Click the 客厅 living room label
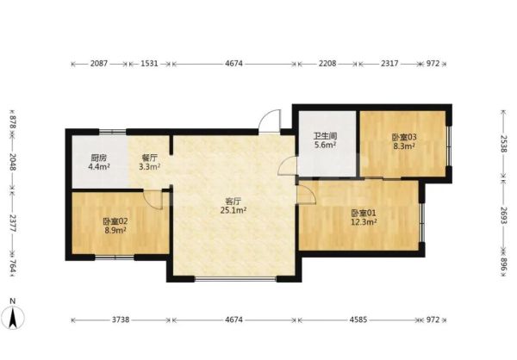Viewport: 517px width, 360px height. (x=234, y=201)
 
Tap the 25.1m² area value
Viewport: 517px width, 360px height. (x=234, y=210)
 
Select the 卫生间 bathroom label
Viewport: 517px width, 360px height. (x=325, y=136)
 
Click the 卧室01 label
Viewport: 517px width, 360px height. (x=363, y=213)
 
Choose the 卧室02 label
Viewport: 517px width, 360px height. (x=115, y=221)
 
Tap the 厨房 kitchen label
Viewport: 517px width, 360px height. (x=98, y=158)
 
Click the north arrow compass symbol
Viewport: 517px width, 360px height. (x=13, y=316)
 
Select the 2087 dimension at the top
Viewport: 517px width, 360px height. (x=99, y=63)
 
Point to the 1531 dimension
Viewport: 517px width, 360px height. (x=149, y=63)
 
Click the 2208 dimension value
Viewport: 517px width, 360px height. (x=327, y=63)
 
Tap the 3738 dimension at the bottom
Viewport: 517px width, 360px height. (x=121, y=320)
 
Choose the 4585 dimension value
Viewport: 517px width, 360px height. (x=358, y=320)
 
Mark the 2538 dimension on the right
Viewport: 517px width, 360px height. (x=503, y=144)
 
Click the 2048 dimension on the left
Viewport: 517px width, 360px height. (x=13, y=162)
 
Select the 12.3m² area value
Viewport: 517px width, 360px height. (x=364, y=222)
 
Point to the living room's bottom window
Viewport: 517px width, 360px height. (x=235, y=280)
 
